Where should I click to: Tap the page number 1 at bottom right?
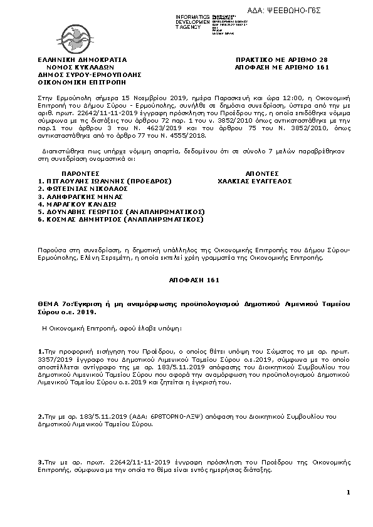point(348,493)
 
